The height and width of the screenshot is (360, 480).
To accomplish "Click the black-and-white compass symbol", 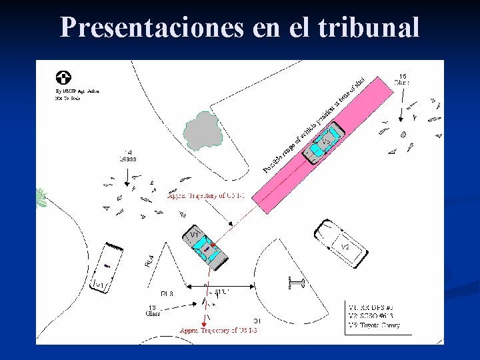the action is pyautogui.click(x=65, y=77).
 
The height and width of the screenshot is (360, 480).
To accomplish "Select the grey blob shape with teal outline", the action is pyautogui.click(x=202, y=130).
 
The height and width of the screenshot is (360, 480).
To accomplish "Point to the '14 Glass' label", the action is pyautogui.click(x=127, y=155).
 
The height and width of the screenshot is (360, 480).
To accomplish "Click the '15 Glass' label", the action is pyautogui.click(x=401, y=79).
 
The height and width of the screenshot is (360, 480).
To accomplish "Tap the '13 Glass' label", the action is pyautogui.click(x=153, y=309).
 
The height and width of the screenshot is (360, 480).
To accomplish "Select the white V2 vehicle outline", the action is pyautogui.click(x=341, y=243).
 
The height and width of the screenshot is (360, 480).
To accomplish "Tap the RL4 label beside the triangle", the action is pyautogui.click(x=149, y=261).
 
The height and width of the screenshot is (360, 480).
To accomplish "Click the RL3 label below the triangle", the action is pyautogui.click(x=167, y=293).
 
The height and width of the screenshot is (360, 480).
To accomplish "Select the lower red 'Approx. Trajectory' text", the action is pyautogui.click(x=219, y=331).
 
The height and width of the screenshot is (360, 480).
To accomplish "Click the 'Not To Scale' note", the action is pyautogui.click(x=69, y=98).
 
